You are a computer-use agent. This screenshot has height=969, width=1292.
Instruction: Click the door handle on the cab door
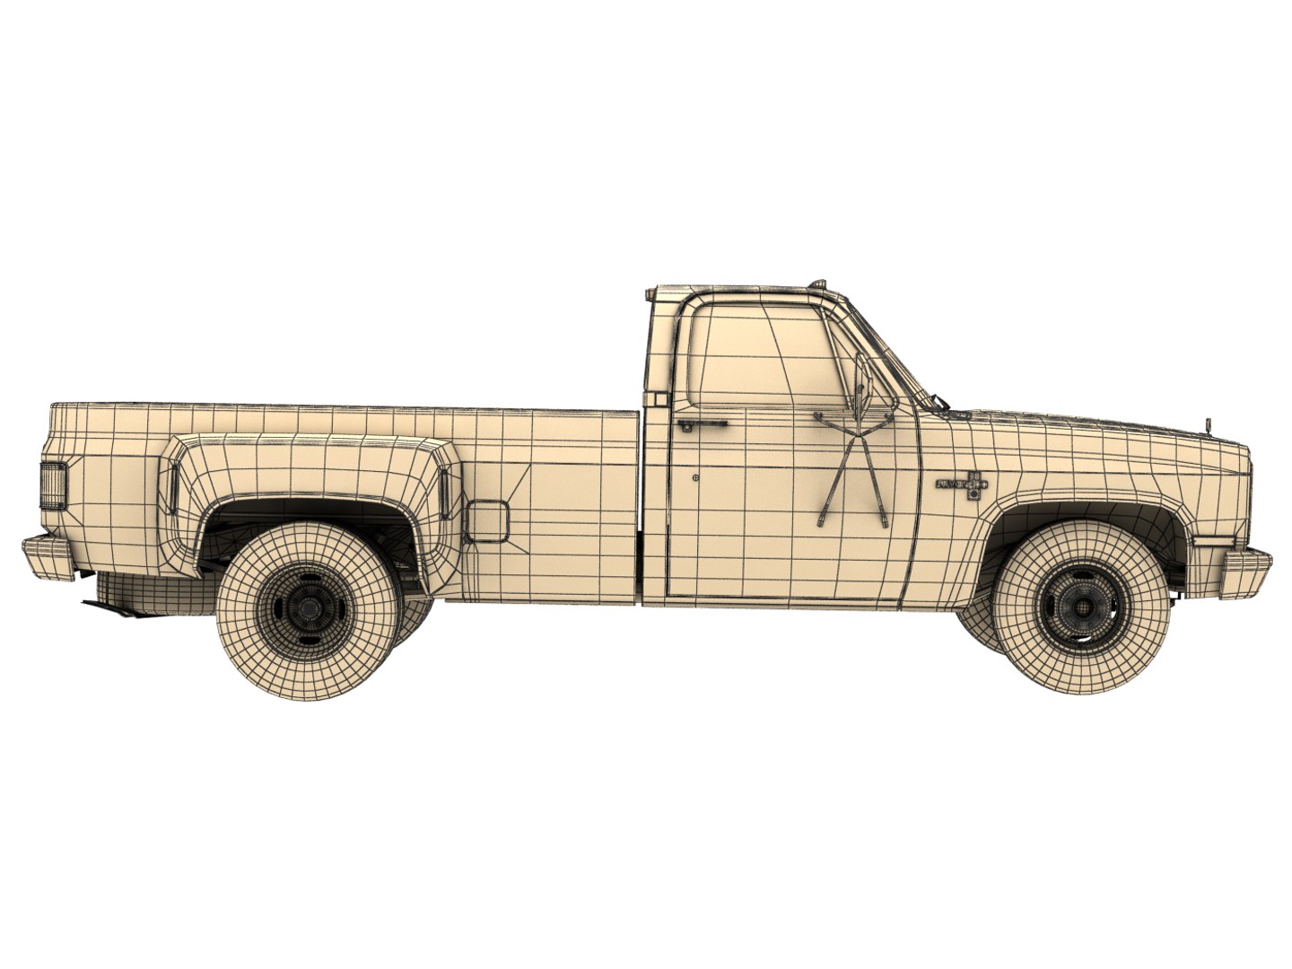702,422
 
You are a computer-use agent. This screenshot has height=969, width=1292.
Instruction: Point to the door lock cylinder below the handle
697,479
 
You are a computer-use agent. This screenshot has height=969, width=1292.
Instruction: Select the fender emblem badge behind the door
962,484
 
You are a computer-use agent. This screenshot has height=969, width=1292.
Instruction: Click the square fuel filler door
486,520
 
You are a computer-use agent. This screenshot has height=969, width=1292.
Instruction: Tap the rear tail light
53,486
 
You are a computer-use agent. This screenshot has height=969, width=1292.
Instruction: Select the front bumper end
1246,572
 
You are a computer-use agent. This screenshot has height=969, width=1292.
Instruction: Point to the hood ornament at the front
1209,423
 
